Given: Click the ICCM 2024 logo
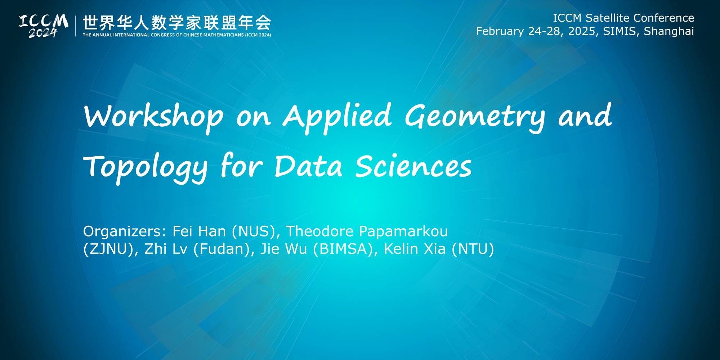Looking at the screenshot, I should click(44, 26).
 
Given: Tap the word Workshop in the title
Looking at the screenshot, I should click(153, 116).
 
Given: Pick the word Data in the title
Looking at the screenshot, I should click(308, 166).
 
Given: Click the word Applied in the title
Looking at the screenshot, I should click(337, 116).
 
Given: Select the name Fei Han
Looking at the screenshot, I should click(199, 231).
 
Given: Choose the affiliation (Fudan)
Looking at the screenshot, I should click(222, 249).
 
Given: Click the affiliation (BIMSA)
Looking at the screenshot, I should click(343, 249).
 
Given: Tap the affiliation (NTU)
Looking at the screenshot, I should click(473, 249).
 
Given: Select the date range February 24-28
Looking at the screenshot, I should click(518, 31).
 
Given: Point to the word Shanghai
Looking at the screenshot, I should click(669, 31).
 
